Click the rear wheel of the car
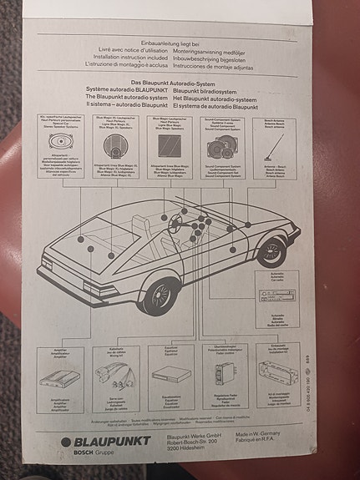159,294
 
